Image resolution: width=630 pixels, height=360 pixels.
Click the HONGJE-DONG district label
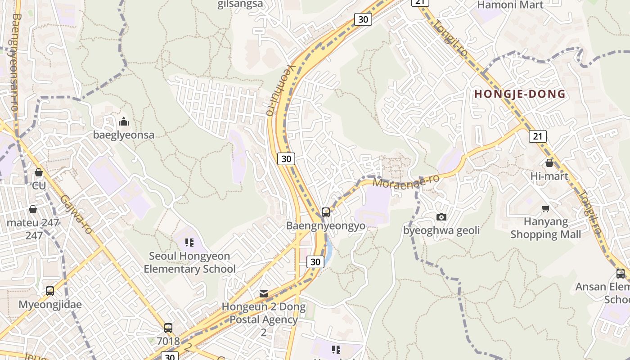pyautogui.click(x=520, y=94)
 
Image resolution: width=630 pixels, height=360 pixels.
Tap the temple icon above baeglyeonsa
pyautogui.click(x=123, y=121)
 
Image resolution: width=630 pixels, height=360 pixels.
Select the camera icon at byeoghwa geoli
pyautogui.click(x=441, y=217)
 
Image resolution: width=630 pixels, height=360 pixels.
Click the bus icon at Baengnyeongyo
pyautogui.click(x=326, y=212)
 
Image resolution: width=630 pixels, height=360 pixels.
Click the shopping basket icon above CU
pyautogui.click(x=39, y=172)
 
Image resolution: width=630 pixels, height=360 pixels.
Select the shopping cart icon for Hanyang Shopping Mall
pyautogui.click(x=546, y=208)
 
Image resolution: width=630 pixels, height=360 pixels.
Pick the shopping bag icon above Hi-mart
pyautogui.click(x=549, y=162)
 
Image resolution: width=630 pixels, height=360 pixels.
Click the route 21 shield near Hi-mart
pyautogui.click(x=538, y=136)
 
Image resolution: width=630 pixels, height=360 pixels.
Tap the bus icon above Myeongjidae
pyautogui.click(x=50, y=291)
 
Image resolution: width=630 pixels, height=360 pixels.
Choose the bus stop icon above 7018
pyautogui.click(x=168, y=328)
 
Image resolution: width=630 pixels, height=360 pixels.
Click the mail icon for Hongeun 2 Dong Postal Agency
pyautogui.click(x=264, y=294)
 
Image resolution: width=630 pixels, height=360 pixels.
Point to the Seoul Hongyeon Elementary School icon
pyautogui.click(x=189, y=243)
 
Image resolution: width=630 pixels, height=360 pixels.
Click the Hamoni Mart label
pyautogui.click(x=510, y=5)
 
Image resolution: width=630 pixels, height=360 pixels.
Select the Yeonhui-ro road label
pyautogui.click(x=279, y=90)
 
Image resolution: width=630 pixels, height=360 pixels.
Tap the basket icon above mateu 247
pyautogui.click(x=33, y=209)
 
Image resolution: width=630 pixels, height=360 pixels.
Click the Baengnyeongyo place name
pyautogui.click(x=326, y=225)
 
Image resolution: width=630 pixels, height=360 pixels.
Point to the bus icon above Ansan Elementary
pyautogui.click(x=621, y=273)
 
